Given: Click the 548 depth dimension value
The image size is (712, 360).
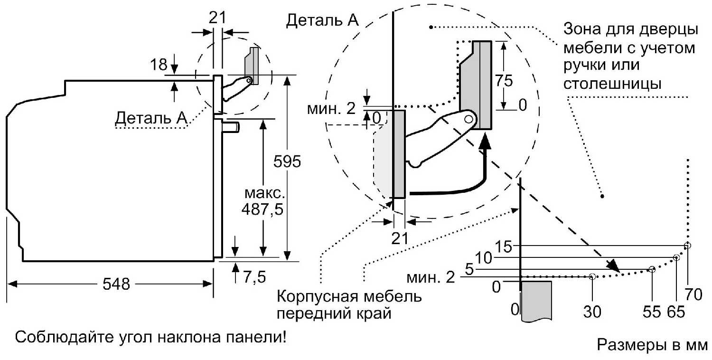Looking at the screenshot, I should (116, 284).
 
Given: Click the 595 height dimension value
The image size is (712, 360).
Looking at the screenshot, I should (287, 162).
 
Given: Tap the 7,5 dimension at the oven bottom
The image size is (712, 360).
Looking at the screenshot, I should (254, 277).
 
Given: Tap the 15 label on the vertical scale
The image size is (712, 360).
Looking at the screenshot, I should (505, 246).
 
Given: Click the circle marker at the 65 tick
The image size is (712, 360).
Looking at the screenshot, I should (676, 258).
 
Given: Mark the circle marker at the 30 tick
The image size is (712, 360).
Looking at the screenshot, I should (592, 276).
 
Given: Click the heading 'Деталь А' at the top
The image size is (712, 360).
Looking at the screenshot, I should (322, 21).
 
